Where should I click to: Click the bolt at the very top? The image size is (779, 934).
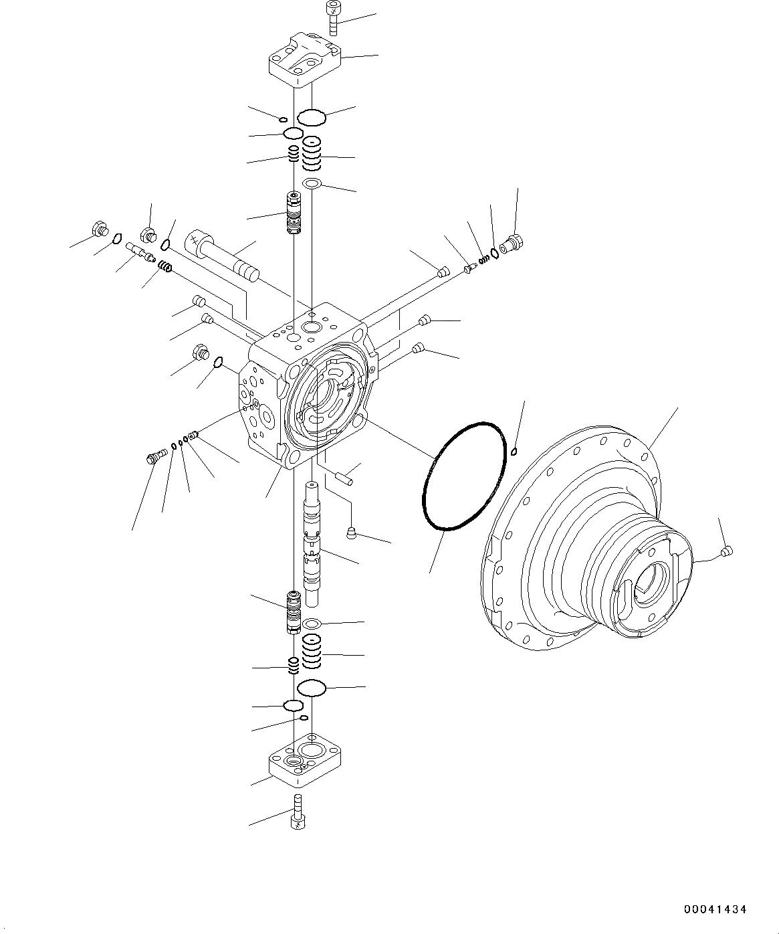(332, 18)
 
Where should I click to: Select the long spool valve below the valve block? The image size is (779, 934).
(312, 543)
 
